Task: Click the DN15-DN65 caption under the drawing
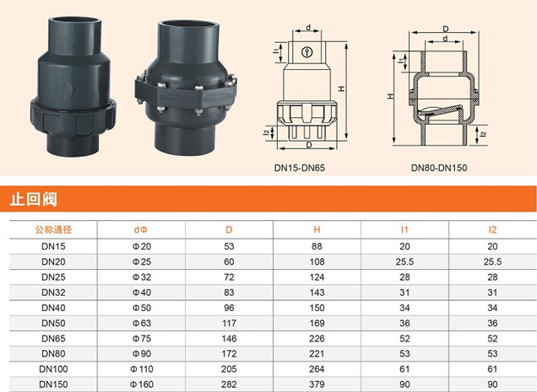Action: (300, 168)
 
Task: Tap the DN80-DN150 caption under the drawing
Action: (439, 168)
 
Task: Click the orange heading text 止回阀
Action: (33, 199)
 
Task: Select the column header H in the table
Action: (317, 229)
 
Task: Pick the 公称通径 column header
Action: (53, 229)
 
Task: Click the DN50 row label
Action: (53, 323)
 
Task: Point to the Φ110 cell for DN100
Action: (142, 369)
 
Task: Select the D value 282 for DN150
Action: (229, 384)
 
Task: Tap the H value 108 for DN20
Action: (317, 261)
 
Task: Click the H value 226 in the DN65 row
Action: (317, 339)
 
